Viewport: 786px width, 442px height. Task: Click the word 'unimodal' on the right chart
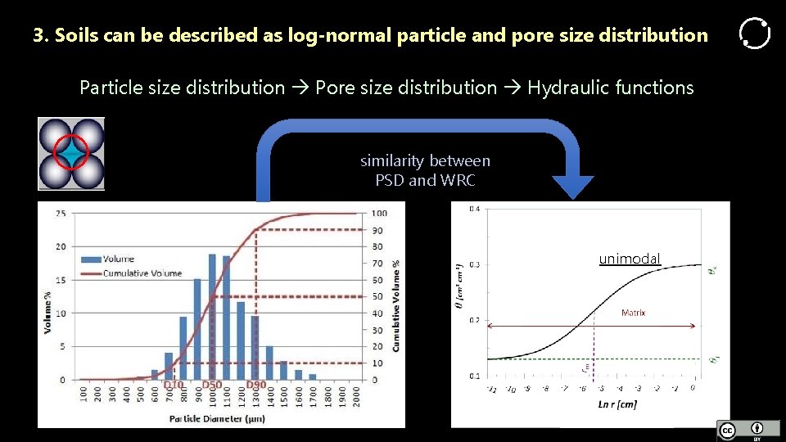click(629, 259)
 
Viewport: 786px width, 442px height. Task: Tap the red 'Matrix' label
click(633, 313)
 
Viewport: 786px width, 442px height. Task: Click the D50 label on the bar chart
click(212, 386)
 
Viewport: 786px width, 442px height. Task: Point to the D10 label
click(174, 386)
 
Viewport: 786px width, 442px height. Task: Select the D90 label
click(255, 386)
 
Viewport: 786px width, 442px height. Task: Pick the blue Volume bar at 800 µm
click(183, 348)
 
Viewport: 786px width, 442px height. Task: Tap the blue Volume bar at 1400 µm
click(269, 363)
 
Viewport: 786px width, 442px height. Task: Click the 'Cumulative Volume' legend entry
click(142, 273)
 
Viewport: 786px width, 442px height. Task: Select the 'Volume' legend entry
click(118, 259)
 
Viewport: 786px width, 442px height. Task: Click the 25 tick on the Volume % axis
click(61, 213)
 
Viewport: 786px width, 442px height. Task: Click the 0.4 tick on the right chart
click(475, 210)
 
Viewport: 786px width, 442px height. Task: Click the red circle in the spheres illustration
click(70, 152)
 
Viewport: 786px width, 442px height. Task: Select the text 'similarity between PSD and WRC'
click(425, 170)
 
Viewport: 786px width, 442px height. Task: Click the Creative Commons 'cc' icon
click(727, 431)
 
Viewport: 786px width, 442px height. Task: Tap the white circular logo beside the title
click(754, 34)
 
